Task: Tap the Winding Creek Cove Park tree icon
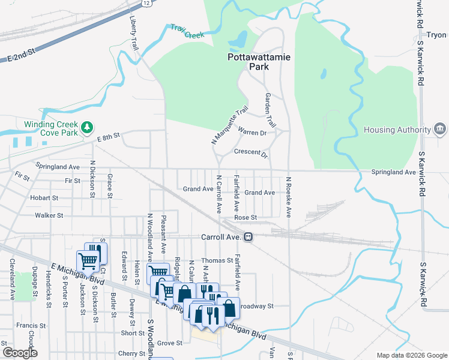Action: tap(88, 127)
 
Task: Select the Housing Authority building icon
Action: tap(439, 130)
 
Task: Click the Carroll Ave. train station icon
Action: tap(248, 237)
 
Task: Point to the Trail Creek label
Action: tap(187, 31)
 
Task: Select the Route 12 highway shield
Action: tap(146, 3)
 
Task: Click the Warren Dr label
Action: tap(252, 132)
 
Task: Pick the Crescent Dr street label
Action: tap(250, 152)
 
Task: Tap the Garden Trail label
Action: tap(270, 110)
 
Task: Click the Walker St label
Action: tap(49, 215)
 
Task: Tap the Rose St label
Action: tap(246, 217)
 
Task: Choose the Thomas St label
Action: tap(217, 260)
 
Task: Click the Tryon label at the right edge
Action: tap(436, 35)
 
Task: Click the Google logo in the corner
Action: tap(20, 353)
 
